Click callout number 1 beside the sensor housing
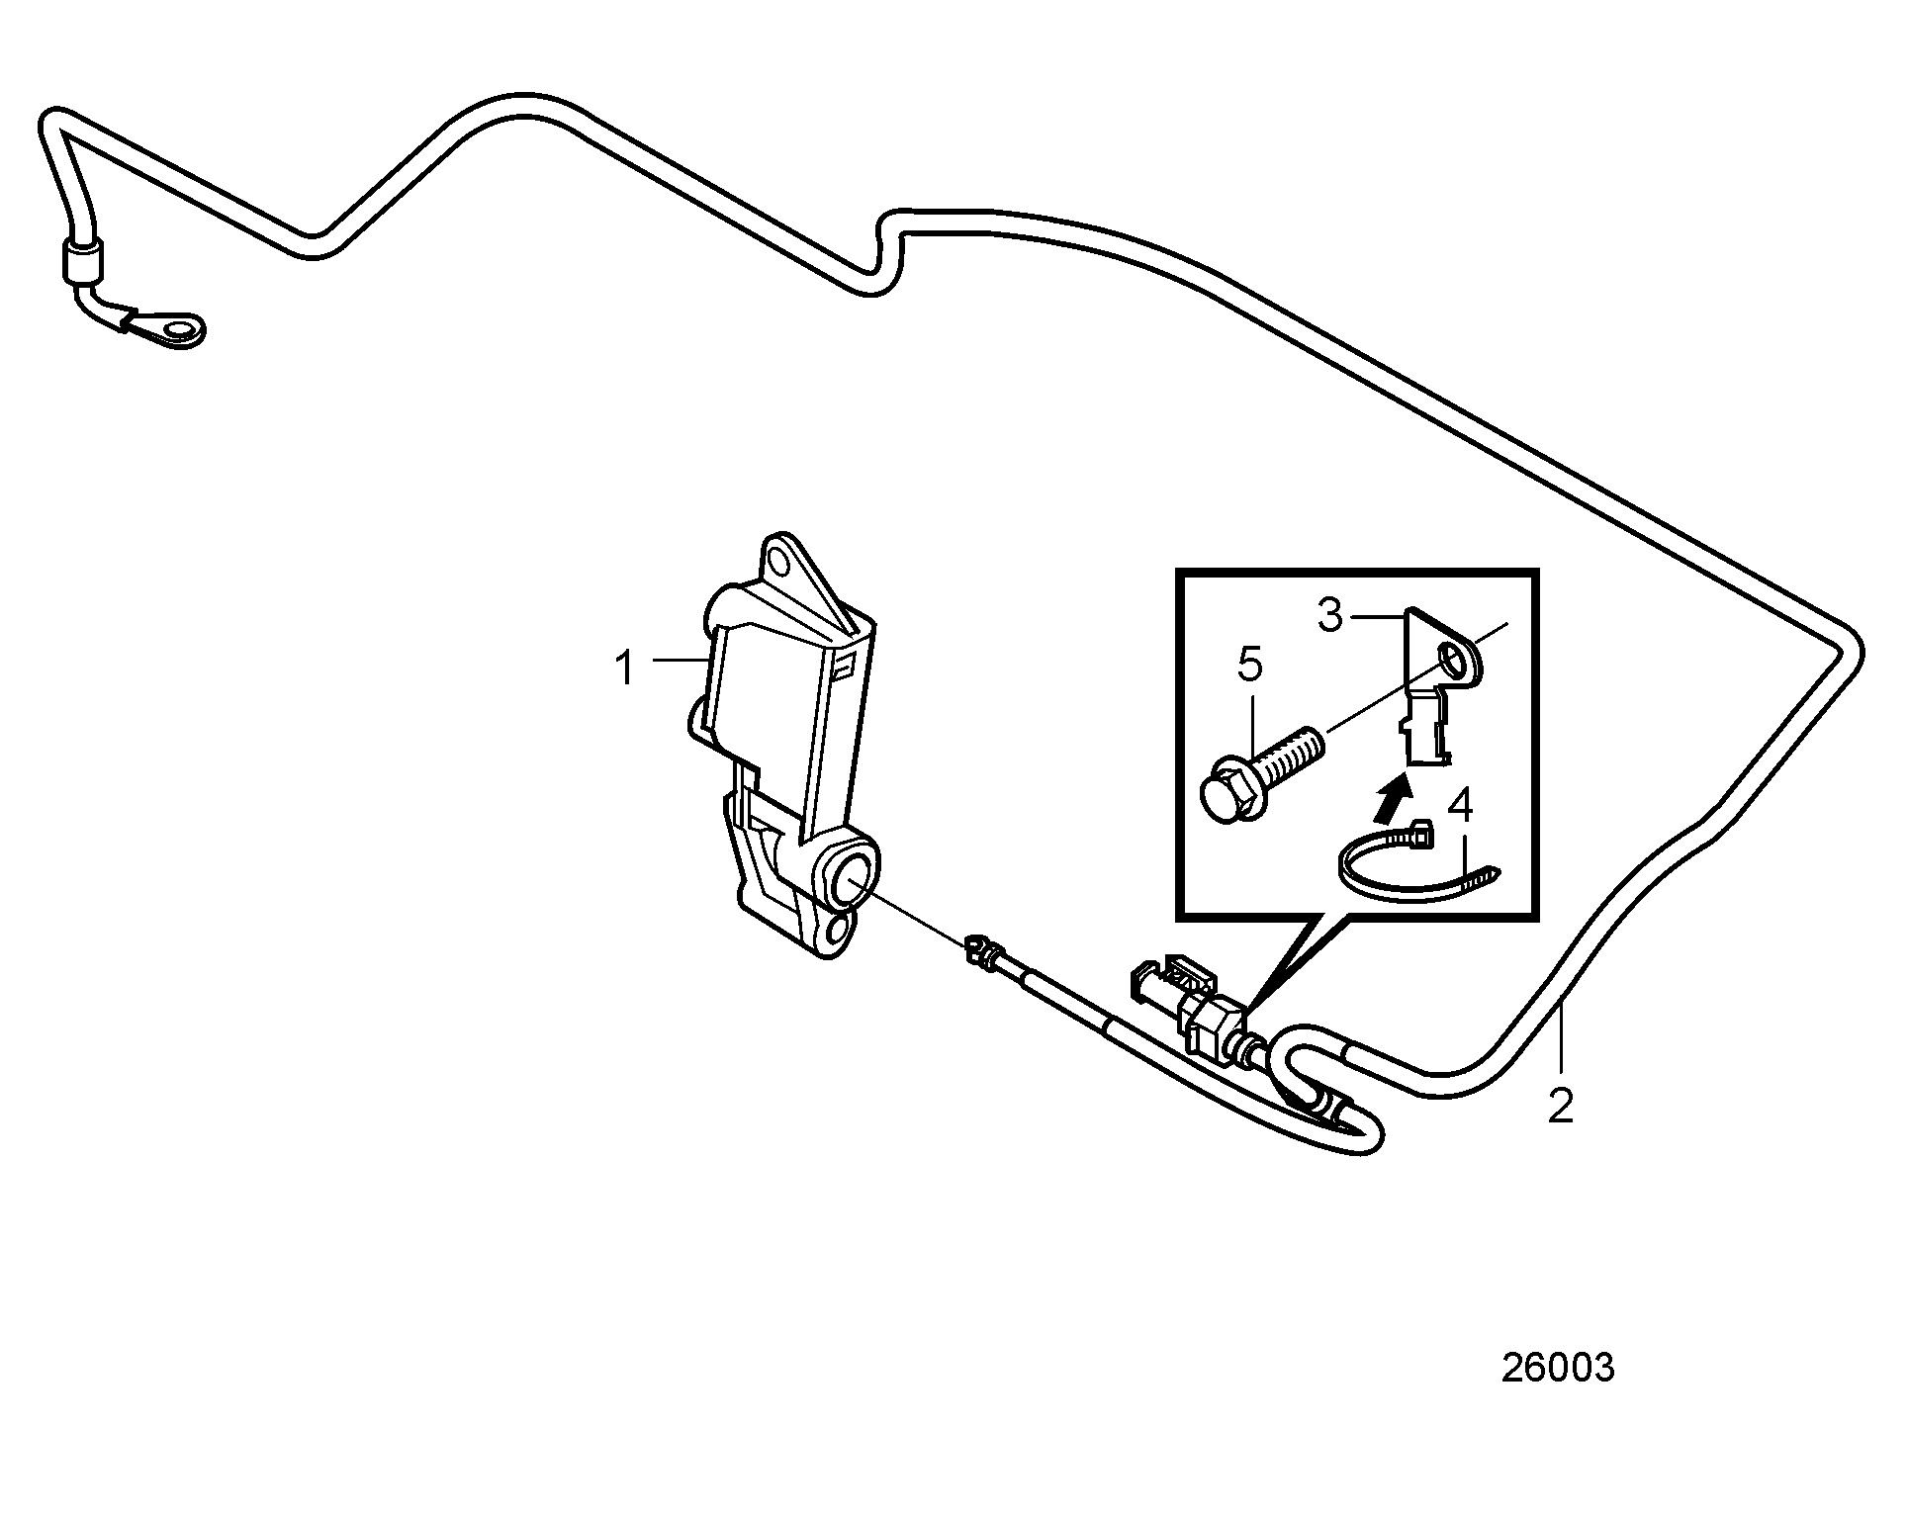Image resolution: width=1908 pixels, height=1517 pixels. pos(624,669)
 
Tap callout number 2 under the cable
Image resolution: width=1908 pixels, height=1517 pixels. pos(1560,1107)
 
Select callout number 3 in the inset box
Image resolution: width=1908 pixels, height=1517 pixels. pos(1330,615)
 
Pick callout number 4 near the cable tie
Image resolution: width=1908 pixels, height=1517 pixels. pos(1460,807)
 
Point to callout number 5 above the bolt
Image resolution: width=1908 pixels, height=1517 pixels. pos(1250,666)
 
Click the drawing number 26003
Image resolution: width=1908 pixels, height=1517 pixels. pos(1558,1368)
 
